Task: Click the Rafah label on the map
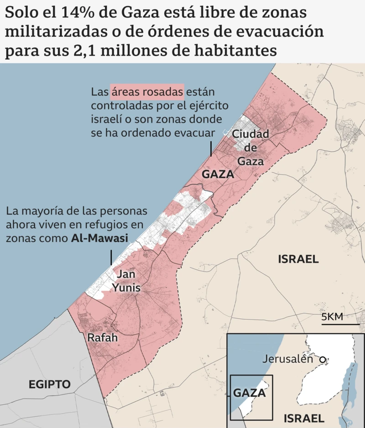pos(103,338)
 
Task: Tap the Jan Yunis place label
pos(126,281)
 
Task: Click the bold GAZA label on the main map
pos(218,174)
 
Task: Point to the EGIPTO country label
pos(50,384)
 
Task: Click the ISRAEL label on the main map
pos(298,259)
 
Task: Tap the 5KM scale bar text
pos(332,317)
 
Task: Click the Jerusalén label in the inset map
pos(287,359)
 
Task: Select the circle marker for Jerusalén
pos(323,360)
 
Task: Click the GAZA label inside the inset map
pos(249,393)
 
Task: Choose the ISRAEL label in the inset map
pos(303,418)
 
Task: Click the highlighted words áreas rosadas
pos(147,92)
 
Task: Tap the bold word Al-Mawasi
pos(99,238)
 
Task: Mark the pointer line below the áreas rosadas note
pos(211,149)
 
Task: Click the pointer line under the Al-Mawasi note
pos(111,258)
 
